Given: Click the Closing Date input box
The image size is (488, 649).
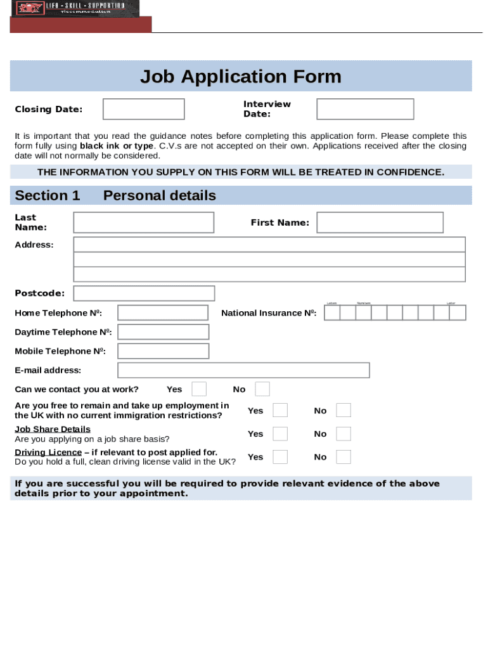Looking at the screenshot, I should tap(143, 109).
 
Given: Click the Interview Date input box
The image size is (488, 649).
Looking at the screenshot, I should tap(365, 109).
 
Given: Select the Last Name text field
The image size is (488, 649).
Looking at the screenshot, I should tap(143, 222).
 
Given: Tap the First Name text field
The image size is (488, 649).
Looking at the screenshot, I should tap(380, 222).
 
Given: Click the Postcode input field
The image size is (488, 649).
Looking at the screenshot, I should tap(144, 293).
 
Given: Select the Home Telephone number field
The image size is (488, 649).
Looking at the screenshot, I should tap(163, 313).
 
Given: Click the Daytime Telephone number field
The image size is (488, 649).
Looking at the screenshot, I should tap(163, 332).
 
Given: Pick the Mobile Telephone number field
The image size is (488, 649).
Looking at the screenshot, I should tap(163, 351).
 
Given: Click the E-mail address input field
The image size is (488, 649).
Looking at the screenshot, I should tap(243, 370).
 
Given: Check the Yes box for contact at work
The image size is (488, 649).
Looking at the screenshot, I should tap(199, 389).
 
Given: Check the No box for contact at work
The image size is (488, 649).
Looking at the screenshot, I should tap(262, 389).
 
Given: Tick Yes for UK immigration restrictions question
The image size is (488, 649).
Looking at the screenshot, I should tap(280, 411).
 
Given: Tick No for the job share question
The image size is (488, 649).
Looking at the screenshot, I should tap(344, 434).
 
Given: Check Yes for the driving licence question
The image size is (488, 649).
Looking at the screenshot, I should tap(280, 457).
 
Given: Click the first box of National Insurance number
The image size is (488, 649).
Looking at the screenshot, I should tap(332, 313).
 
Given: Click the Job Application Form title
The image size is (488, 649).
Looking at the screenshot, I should tap(240, 77).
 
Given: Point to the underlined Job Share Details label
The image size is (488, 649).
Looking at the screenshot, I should tap(53, 429).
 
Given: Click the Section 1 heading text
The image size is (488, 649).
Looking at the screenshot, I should tap(48, 195).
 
